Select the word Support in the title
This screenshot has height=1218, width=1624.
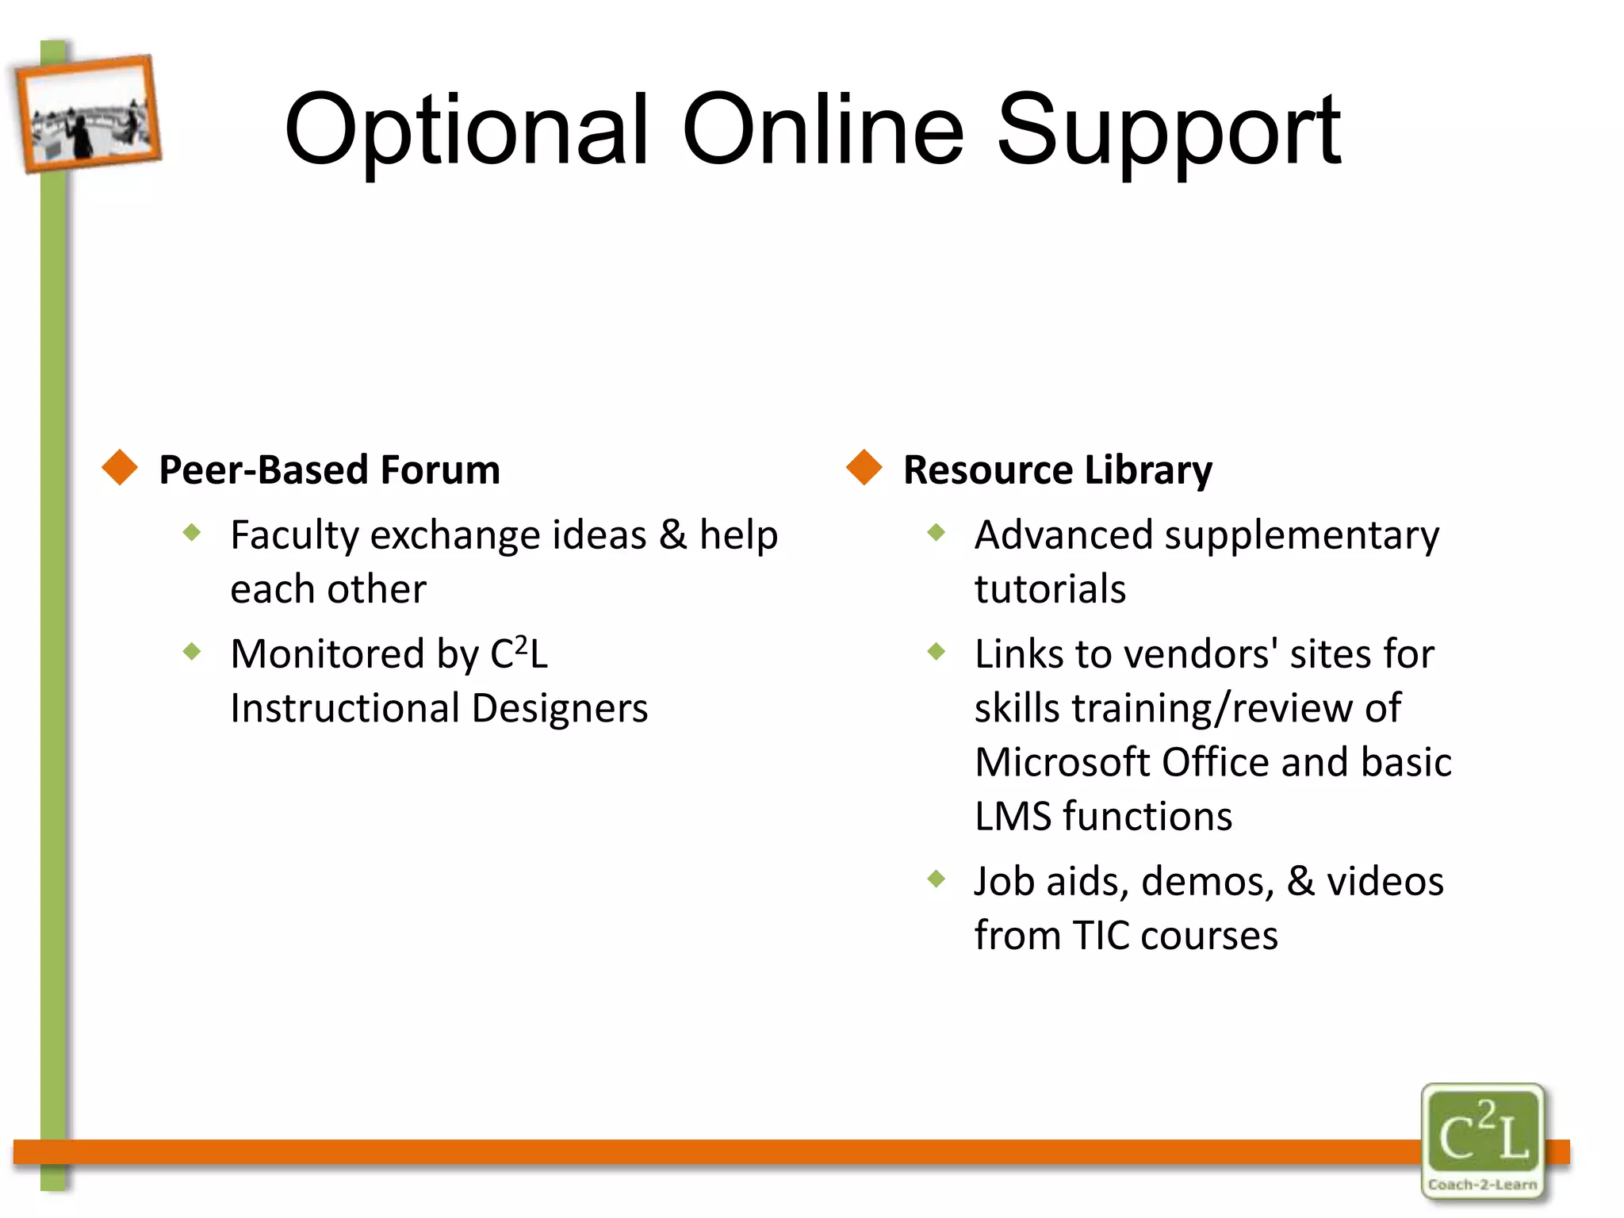[x=1167, y=131]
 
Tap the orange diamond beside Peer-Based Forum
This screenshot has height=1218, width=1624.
[x=121, y=467]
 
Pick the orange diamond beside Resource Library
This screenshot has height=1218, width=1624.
[x=864, y=467]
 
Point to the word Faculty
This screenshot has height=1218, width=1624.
[x=295, y=536]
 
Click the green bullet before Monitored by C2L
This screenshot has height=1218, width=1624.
[x=192, y=652]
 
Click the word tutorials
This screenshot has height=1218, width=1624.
[x=1050, y=589]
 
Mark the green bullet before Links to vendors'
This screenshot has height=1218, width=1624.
[x=936, y=652]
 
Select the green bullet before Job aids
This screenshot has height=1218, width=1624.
[x=936, y=879]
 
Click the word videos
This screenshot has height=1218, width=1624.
[x=1385, y=881]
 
